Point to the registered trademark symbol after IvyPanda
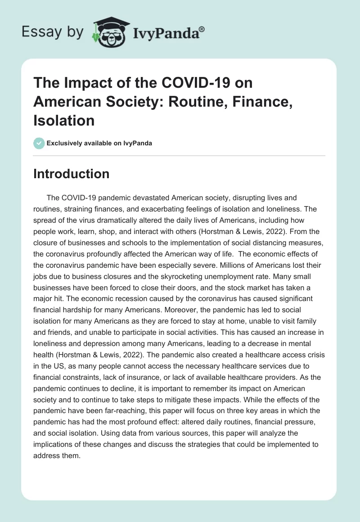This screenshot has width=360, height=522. (202, 28)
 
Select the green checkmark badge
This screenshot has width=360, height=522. (39, 144)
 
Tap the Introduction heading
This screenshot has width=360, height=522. (71, 174)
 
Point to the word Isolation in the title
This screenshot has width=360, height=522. (64, 121)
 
